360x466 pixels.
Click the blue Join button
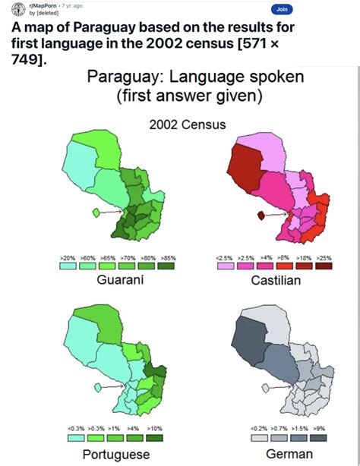[x=282, y=9]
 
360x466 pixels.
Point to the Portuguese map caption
[x=117, y=454]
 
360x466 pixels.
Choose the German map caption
[x=290, y=454]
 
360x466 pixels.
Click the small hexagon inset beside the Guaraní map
[x=95, y=213]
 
